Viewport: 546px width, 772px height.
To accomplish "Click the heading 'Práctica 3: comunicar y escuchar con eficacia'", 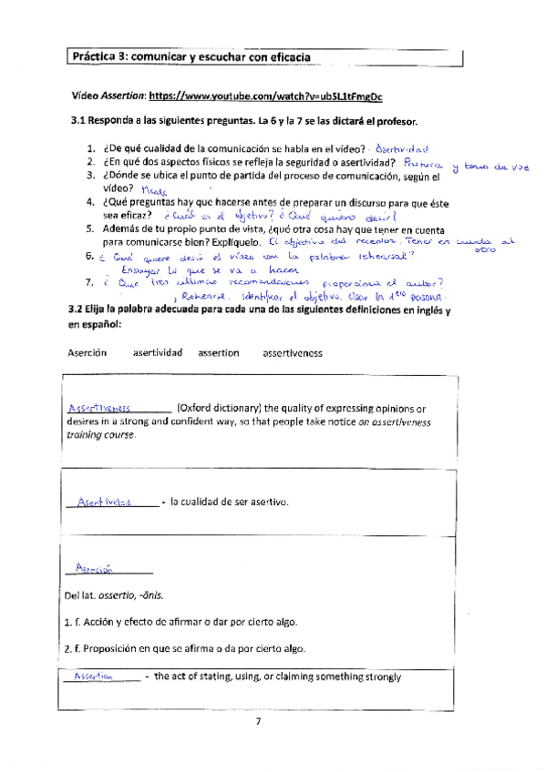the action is [x=191, y=56].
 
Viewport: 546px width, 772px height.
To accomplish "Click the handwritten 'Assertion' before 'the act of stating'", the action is [x=93, y=676].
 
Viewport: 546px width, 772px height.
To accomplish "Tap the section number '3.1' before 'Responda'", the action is [x=77, y=121].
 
